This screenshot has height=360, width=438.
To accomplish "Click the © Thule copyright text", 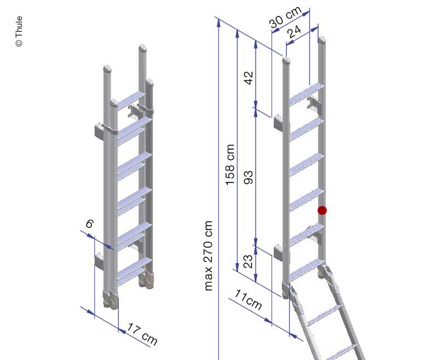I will tap(19, 32).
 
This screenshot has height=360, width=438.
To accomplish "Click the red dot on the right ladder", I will tap(322, 210).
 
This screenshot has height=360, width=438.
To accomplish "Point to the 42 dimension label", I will tap(249, 77).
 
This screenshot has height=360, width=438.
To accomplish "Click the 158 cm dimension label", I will tap(230, 164).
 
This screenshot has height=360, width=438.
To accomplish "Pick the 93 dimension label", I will tap(249, 176).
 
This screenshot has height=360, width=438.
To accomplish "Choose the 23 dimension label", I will tap(249, 260).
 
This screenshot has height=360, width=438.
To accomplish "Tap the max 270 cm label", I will tap(209, 255).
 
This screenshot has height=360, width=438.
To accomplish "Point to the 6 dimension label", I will tap(90, 224).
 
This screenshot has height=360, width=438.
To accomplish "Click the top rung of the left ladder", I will tap(130, 100).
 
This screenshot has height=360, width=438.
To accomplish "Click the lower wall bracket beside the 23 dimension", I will tap(279, 253).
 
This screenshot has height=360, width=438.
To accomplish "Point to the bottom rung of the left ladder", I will tap(133, 267).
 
